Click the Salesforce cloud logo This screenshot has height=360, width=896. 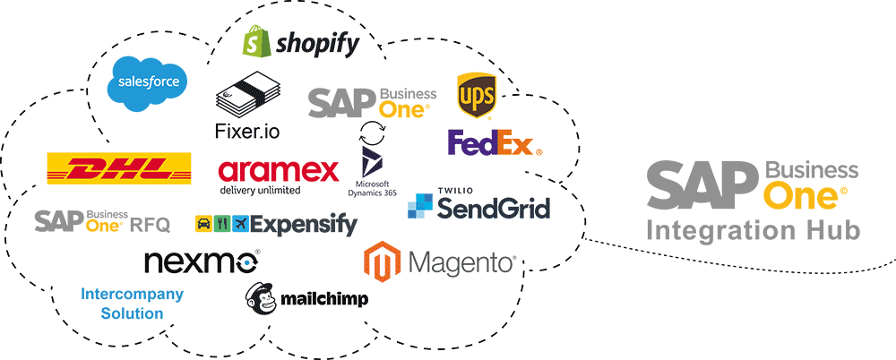[148, 83]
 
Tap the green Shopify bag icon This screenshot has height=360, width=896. [255, 42]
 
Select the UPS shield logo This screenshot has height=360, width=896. [477, 95]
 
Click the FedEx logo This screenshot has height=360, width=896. [495, 142]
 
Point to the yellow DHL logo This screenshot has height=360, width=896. [119, 168]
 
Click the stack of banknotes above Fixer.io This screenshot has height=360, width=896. [248, 93]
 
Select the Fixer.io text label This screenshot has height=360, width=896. [247, 131]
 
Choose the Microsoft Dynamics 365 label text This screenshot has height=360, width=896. [372, 188]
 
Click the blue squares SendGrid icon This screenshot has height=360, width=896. [420, 206]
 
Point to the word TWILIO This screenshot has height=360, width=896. [452, 190]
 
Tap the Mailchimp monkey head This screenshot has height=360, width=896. [262, 299]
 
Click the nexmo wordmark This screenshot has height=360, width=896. [202, 261]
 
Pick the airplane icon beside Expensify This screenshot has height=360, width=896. [240, 222]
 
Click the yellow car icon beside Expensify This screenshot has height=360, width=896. [202, 222]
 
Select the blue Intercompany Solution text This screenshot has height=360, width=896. [132, 304]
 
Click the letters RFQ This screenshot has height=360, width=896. [150, 225]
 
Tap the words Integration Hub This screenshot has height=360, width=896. [753, 231]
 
